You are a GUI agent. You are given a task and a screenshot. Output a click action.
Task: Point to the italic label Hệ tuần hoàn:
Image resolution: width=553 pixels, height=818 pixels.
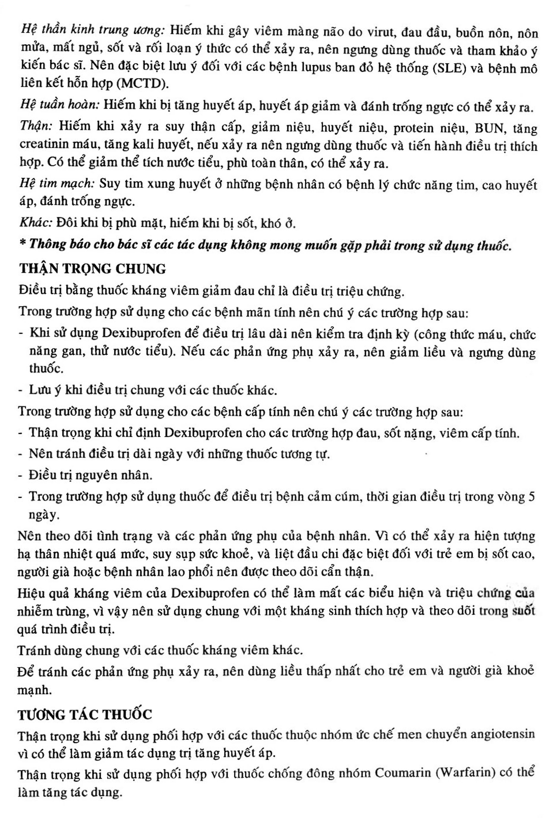(x=60, y=105)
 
